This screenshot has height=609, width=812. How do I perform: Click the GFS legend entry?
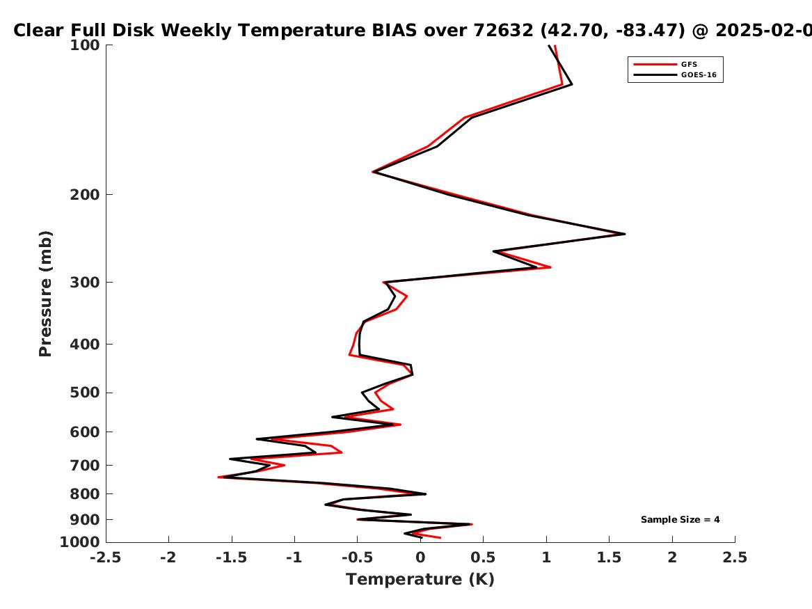[x=689, y=64]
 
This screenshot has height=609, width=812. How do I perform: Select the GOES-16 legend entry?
[x=699, y=74]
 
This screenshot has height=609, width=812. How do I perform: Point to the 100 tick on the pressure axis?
[x=85, y=45]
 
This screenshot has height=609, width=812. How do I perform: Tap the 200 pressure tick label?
[x=85, y=195]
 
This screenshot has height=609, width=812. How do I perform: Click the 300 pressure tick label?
[x=85, y=283]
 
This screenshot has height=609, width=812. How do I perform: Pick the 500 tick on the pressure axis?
[x=85, y=393]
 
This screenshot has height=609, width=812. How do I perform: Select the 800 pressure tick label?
[x=85, y=494]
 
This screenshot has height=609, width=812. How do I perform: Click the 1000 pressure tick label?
[x=80, y=541]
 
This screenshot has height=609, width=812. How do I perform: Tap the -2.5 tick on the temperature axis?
[x=106, y=557]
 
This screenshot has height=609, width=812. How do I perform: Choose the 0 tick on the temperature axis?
[x=420, y=557]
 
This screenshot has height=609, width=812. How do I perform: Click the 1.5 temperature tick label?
[x=609, y=557]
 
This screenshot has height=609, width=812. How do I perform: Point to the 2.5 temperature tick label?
[x=735, y=557]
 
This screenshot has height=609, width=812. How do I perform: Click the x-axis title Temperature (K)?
[x=420, y=579]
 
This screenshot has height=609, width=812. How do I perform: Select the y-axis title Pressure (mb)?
[x=45, y=294]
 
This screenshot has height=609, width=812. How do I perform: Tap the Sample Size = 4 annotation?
[x=680, y=519]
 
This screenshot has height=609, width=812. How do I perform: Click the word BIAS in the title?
[x=394, y=31]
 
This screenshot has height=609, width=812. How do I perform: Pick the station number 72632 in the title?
[x=503, y=31]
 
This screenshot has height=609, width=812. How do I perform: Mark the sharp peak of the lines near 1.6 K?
[x=625, y=234]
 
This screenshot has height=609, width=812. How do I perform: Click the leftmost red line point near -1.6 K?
[x=219, y=477]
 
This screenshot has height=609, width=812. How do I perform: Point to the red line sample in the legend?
[x=655, y=64]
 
